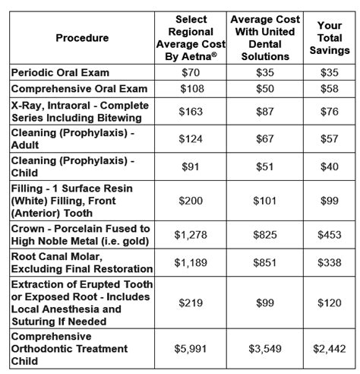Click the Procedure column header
click(x=82, y=38)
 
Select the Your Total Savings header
click(x=328, y=38)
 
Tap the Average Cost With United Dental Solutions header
click(x=264, y=38)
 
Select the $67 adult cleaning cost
click(x=264, y=142)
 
